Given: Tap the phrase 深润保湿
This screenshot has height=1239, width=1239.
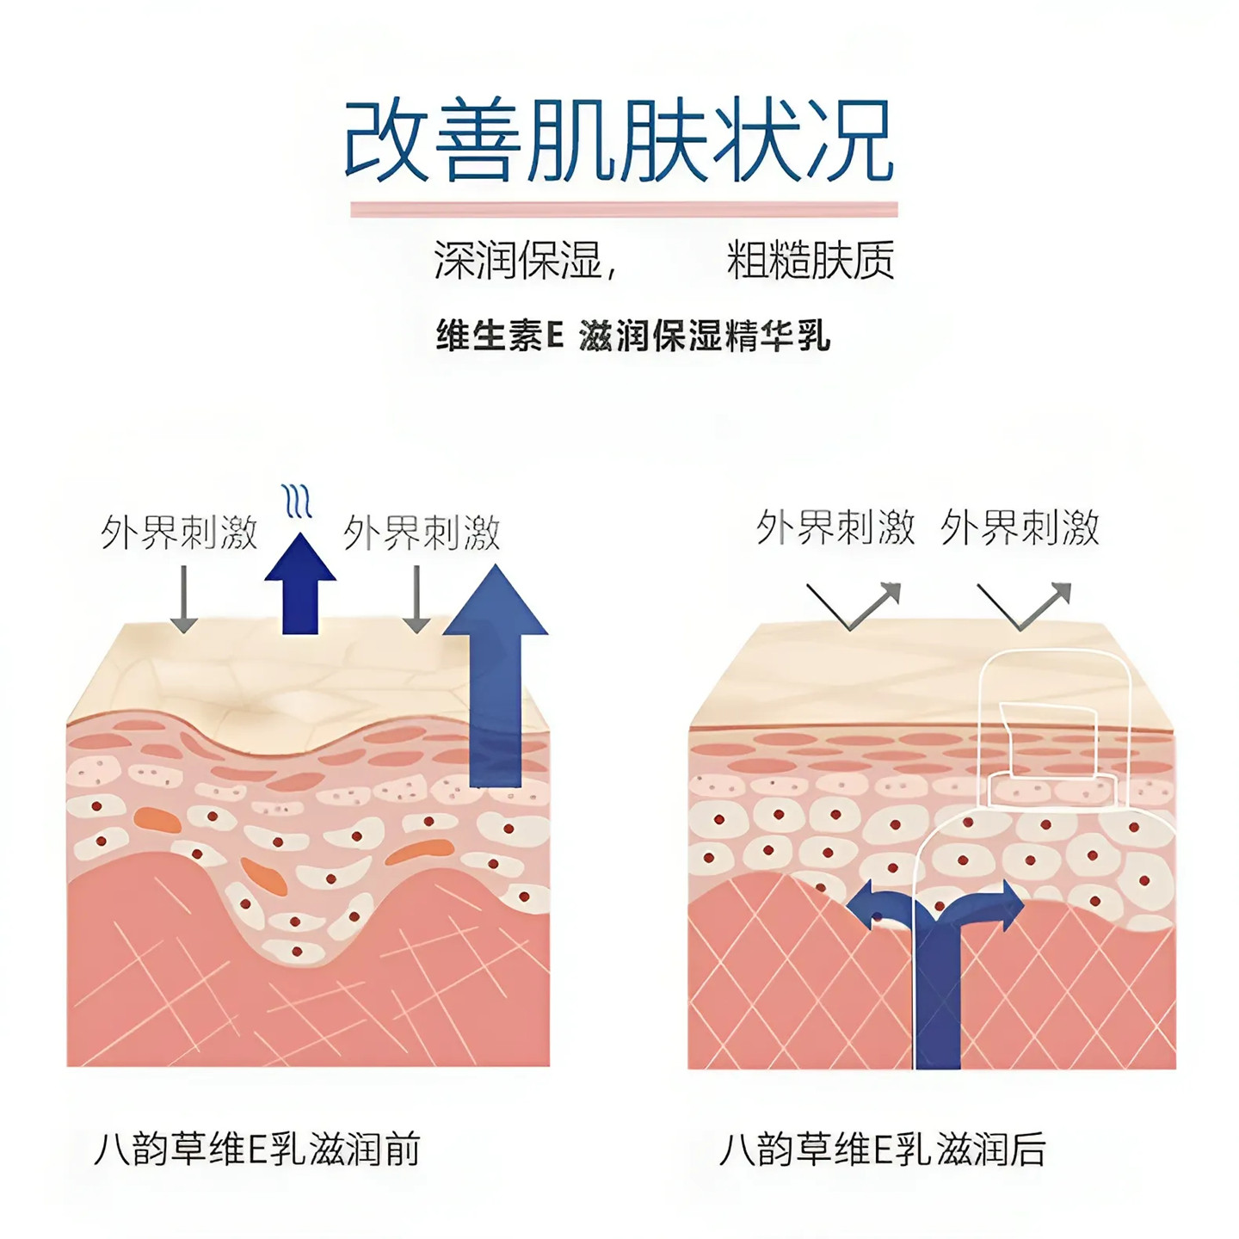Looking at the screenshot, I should (518, 260).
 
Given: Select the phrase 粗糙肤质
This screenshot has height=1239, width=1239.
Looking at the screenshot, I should (810, 260).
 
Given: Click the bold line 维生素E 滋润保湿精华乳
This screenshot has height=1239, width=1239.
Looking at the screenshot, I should (632, 336).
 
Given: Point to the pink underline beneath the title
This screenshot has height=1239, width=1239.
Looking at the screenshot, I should (624, 209).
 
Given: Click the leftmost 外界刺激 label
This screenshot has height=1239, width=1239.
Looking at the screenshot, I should (179, 533).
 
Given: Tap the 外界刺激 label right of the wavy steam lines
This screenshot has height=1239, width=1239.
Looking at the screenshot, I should (422, 533).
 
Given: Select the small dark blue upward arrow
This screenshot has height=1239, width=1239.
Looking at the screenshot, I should (299, 585).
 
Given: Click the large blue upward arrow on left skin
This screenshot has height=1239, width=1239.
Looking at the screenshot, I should (496, 671).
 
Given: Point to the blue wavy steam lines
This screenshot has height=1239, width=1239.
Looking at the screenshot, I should (297, 501).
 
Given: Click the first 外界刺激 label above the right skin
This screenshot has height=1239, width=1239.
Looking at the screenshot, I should (835, 527).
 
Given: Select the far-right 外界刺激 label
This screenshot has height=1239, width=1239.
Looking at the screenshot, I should (1020, 527).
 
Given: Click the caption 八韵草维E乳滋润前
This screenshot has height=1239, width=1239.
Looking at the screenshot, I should (256, 1150).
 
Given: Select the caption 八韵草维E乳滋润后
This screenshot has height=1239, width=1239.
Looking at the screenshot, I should (882, 1150).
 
